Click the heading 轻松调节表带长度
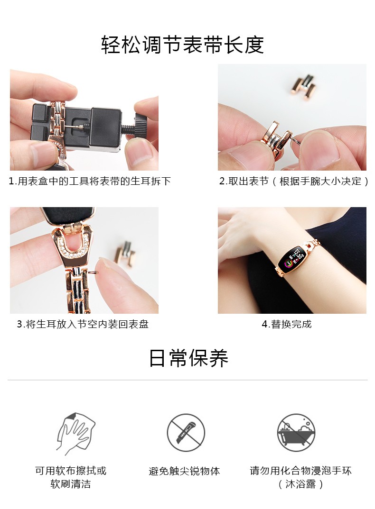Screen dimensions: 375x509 (182, 45)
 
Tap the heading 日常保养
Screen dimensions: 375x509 (188, 358)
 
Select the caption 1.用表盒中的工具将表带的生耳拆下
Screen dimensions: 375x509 (89, 181)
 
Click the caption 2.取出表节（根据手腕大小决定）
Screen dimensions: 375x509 (294, 181)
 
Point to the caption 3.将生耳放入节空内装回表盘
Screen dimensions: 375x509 (83, 324)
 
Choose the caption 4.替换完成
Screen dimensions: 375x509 (287, 324)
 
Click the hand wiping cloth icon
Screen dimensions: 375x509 (75, 433)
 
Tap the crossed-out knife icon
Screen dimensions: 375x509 (186, 432)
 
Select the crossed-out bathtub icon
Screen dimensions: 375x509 (296, 432)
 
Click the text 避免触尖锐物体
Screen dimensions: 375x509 (184, 471)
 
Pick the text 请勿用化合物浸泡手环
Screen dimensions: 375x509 (300, 471)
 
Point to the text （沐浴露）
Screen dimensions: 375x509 (300, 484)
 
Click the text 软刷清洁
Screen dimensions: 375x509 (71, 484)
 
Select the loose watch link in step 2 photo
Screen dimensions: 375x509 (302, 87)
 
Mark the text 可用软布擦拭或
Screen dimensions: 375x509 (71, 471)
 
